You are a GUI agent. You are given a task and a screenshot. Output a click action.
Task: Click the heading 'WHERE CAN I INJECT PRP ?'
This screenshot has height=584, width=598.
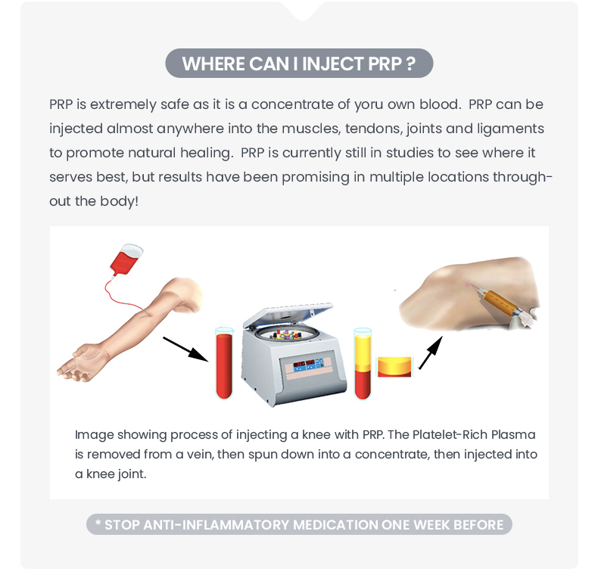click(298, 64)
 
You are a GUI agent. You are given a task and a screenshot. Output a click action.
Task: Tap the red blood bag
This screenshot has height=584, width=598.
click(126, 259)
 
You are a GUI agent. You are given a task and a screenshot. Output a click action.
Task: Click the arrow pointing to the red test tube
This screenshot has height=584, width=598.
click(185, 349)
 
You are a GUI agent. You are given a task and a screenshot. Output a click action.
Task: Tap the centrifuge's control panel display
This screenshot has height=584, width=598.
click(308, 365)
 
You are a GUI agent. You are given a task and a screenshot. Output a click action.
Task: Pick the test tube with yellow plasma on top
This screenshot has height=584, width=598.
click(363, 363)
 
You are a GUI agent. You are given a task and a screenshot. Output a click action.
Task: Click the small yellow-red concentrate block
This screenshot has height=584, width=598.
click(394, 367)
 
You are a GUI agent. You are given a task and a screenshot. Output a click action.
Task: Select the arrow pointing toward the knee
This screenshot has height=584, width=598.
click(431, 353)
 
